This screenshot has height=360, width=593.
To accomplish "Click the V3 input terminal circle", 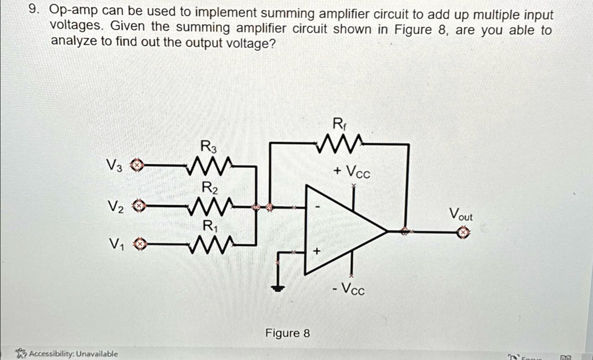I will point(136,166).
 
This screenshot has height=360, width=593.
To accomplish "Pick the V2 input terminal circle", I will point(138,206).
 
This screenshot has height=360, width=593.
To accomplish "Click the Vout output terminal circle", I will point(463,232).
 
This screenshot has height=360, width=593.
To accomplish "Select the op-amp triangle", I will point(342,230).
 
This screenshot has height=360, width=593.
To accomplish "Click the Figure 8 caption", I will point(287,333).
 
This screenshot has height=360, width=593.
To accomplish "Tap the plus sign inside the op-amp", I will point(316,252).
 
